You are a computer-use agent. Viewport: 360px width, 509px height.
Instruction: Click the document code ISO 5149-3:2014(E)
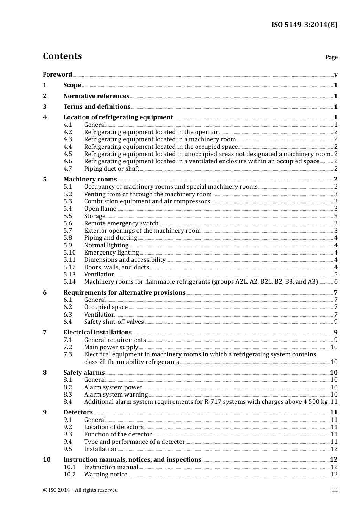(304, 25)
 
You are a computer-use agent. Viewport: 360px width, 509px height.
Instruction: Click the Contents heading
(62, 56)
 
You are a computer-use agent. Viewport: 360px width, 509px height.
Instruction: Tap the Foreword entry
(57, 74)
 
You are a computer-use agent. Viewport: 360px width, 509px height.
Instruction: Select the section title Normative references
(96, 96)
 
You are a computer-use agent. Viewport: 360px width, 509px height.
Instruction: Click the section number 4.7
(67, 169)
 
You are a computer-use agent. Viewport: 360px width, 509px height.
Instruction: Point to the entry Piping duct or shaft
(111, 169)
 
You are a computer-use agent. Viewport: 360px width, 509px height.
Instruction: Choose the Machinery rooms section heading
(90, 179)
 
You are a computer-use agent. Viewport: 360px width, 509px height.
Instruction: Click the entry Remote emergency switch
(121, 223)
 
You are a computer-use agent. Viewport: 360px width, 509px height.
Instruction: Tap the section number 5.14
(69, 281)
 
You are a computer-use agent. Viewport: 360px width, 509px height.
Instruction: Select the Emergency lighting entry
(111, 252)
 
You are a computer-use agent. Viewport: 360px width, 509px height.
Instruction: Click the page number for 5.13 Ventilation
(335, 274)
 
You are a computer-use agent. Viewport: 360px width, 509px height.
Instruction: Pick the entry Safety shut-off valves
(114, 322)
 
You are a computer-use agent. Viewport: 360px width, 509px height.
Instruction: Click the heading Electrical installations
(97, 332)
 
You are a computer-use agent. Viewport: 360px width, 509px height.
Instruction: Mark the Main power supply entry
(111, 347)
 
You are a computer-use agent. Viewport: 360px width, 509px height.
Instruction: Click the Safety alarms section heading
(84, 372)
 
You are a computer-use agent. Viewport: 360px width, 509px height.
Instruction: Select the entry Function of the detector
(118, 434)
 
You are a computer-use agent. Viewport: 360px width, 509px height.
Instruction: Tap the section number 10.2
(69, 474)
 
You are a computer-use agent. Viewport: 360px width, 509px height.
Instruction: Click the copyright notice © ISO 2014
(80, 490)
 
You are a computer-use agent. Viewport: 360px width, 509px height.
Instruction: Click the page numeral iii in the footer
(335, 490)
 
